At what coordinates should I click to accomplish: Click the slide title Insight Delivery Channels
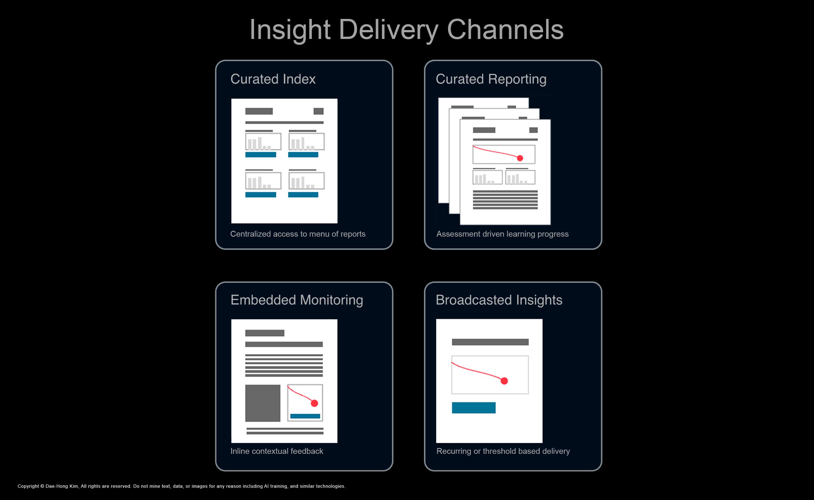click(406, 30)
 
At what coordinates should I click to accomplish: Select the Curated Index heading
click(273, 79)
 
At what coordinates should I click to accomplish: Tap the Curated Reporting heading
click(491, 79)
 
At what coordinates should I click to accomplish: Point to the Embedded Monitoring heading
click(297, 300)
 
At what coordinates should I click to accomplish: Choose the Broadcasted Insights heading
click(499, 300)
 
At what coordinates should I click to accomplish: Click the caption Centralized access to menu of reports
click(298, 234)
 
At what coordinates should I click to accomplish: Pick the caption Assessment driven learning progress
click(502, 234)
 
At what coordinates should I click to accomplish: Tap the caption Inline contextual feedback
click(277, 451)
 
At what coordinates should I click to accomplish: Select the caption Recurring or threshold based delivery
click(503, 451)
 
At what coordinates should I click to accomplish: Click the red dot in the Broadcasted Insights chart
click(504, 381)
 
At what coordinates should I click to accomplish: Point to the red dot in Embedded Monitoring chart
click(314, 403)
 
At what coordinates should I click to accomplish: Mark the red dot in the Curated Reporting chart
click(520, 158)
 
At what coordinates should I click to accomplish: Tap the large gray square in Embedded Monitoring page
click(263, 403)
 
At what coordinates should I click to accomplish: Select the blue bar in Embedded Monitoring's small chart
click(305, 416)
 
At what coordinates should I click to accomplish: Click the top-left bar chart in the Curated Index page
click(263, 142)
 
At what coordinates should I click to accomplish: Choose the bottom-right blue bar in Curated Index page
click(303, 195)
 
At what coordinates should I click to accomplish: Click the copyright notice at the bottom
click(181, 486)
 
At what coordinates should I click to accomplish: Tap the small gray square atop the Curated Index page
click(318, 111)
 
